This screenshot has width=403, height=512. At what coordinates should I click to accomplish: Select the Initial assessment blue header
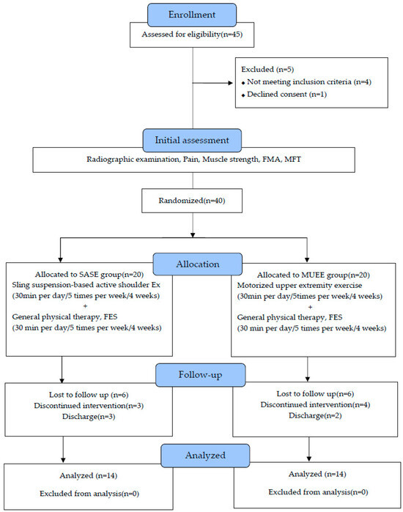pos(191,138)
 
